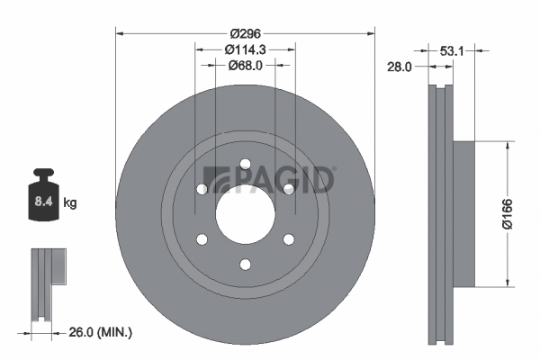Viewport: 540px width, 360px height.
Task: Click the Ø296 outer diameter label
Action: [x=246, y=33]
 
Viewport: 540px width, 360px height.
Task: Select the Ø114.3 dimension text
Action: [x=245, y=49]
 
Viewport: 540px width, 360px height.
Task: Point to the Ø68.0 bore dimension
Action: [x=245, y=65]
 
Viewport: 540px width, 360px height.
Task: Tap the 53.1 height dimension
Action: [x=452, y=51]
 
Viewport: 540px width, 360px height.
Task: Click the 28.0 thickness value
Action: [x=399, y=67]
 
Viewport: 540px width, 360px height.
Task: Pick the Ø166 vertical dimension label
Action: [x=507, y=214]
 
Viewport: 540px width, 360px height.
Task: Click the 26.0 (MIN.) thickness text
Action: [x=101, y=332]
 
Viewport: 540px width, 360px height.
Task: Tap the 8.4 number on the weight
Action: [x=43, y=202]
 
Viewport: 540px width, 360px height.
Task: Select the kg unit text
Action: [x=70, y=202]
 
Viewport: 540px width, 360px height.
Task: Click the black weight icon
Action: [x=43, y=194]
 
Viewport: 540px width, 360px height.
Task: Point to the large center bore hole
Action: [x=245, y=214]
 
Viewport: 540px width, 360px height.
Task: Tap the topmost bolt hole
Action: [x=245, y=164]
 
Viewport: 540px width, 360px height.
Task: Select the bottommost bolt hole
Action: [x=245, y=265]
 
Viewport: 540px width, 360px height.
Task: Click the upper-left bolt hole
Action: [x=202, y=189]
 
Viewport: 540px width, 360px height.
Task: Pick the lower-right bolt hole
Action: [x=289, y=239]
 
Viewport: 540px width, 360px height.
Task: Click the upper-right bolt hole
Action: [x=289, y=189]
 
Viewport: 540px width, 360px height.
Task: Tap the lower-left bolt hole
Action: [x=202, y=239]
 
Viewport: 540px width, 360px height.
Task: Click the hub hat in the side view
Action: [x=463, y=214]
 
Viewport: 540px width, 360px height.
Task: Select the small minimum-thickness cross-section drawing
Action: [x=49, y=284]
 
